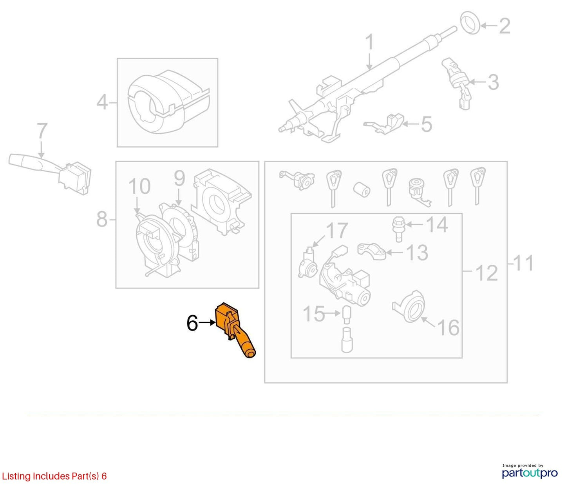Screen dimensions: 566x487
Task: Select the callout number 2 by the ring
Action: click(505, 26)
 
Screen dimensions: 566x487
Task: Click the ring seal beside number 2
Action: click(470, 25)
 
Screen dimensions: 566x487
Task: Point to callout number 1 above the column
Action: click(369, 42)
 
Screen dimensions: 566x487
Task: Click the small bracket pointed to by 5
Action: click(385, 125)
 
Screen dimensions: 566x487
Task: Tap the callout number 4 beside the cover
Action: click(102, 102)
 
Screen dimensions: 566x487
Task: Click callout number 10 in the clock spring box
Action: click(139, 186)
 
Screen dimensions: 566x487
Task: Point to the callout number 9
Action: click(180, 178)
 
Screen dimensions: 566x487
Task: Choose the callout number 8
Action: click(102, 220)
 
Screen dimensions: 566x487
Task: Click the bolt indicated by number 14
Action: click(398, 229)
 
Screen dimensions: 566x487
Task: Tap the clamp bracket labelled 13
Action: click(372, 251)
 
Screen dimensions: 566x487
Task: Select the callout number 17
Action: click(337, 231)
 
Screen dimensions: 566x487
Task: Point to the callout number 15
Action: click(314, 314)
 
